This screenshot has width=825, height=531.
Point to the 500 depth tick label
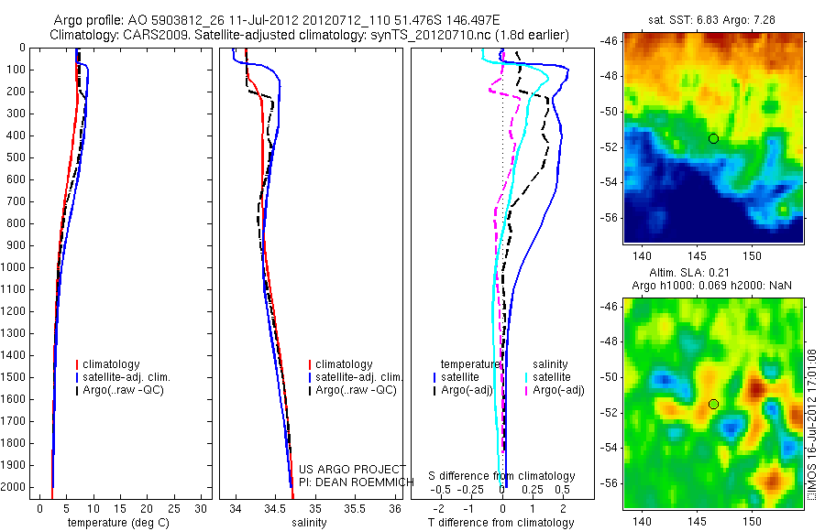click(16, 157)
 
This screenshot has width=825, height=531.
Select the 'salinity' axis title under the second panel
click(307, 523)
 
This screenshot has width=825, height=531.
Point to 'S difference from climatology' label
click(501, 476)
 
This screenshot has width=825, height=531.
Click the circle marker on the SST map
click(713, 138)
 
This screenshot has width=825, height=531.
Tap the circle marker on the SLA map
click(713, 404)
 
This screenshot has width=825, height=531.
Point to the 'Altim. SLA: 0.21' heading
click(712, 274)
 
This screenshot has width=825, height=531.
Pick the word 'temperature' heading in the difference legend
click(469, 363)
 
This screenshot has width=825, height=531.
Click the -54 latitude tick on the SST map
click(611, 182)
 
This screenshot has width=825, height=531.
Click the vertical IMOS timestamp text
click(811, 426)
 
